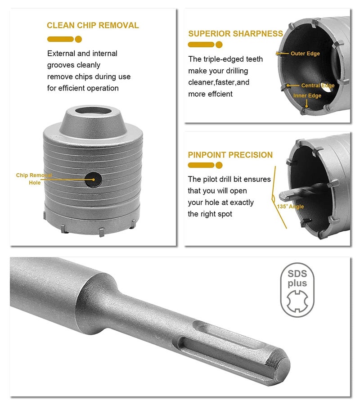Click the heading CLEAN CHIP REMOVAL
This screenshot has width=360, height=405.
(x=93, y=25)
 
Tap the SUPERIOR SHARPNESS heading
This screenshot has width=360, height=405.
(x=235, y=34)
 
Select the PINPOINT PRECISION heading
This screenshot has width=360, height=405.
(x=230, y=155)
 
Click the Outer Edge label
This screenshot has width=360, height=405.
(x=305, y=54)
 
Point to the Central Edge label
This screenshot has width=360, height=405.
(x=318, y=85)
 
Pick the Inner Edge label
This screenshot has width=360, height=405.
(x=307, y=95)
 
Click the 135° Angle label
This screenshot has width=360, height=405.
(x=290, y=207)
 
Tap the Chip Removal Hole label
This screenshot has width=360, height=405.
(x=34, y=179)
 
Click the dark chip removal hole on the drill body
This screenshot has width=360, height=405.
(x=93, y=179)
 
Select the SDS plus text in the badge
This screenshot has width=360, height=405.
(x=297, y=279)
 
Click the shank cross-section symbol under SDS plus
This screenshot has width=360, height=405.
(x=297, y=301)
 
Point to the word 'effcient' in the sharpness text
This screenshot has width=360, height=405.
(x=221, y=94)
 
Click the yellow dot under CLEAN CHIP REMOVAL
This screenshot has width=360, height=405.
(x=78, y=39)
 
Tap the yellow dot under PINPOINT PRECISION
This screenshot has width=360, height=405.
(x=219, y=165)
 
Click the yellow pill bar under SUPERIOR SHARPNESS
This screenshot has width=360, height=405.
(x=201, y=45)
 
